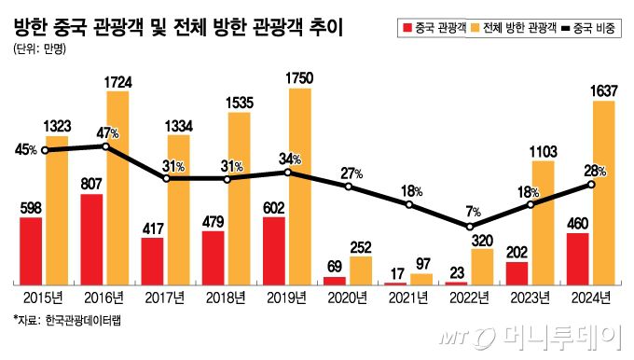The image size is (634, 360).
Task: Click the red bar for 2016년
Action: click(x=91, y=239)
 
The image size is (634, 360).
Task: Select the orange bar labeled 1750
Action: click(x=299, y=187)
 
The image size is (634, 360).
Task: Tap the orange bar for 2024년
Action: click(x=602, y=192)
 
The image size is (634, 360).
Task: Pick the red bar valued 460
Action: click(x=577, y=258)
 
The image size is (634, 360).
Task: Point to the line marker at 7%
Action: click(x=470, y=226)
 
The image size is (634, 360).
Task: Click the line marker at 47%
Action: click(x=105, y=146)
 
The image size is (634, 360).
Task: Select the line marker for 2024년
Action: click(x=591, y=184)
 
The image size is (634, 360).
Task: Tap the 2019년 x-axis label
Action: click(x=287, y=298)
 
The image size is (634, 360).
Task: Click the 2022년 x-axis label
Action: click(x=469, y=298)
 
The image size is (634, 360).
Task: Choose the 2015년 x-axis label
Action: click(x=44, y=298)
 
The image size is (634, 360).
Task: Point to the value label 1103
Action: click(x=543, y=149)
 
